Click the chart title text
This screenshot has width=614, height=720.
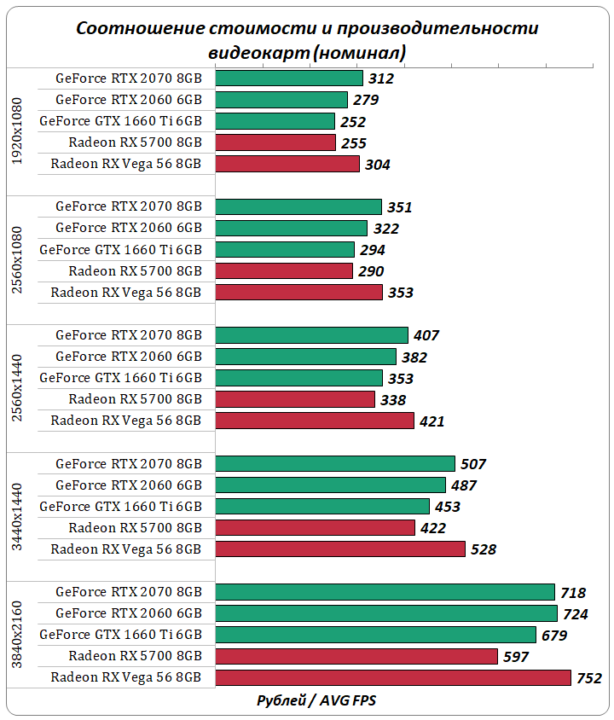coord(307,40)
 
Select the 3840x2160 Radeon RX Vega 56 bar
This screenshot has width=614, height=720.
coord(392,677)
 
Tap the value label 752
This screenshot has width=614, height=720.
coord(588,678)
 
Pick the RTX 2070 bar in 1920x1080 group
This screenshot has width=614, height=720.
coord(289,78)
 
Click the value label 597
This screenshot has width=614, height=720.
coord(516,657)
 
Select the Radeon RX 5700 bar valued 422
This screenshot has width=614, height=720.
coord(316,527)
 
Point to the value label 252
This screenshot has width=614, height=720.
coord(352,122)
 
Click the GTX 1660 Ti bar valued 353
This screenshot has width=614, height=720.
coord(298,378)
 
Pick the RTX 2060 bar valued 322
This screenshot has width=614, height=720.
coord(291,228)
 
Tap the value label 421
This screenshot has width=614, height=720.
coord(432,421)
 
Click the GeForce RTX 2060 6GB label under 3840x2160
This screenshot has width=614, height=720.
coord(129,613)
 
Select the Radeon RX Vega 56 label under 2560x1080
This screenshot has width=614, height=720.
coord(126,293)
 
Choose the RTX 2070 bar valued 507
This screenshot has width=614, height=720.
coord(335,463)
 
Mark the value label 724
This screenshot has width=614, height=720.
coord(575,614)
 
